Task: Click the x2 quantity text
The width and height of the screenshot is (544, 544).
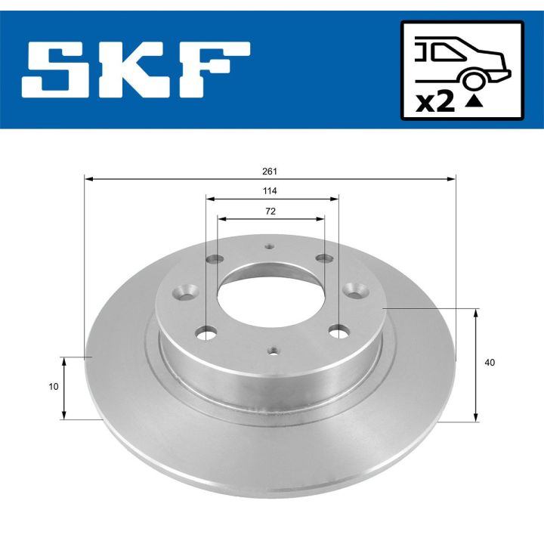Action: point(436,101)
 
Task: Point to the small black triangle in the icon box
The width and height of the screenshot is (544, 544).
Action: point(474,100)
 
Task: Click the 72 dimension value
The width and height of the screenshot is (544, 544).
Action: point(270,212)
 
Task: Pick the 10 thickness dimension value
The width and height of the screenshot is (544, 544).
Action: point(53,387)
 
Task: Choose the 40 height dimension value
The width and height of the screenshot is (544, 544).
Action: point(490,363)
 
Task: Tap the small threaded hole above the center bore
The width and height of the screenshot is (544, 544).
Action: point(270,246)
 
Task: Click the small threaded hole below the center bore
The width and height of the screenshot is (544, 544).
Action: point(273,349)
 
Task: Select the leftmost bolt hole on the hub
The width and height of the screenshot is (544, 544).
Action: point(185,289)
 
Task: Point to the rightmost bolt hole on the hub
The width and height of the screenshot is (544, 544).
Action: point(354,289)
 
